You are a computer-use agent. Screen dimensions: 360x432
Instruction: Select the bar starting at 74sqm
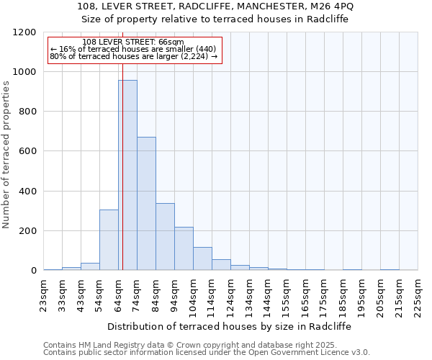[146, 204]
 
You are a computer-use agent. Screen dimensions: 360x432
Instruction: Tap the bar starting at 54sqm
[109, 240]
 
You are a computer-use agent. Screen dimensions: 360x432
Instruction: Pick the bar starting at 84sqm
[165, 237]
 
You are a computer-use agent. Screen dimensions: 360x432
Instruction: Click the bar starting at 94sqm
[184, 248]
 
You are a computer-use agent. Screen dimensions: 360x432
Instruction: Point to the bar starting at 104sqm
[202, 258]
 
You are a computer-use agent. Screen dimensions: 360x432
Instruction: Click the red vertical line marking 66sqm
[122, 166]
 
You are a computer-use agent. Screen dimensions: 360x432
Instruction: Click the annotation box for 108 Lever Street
[135, 50]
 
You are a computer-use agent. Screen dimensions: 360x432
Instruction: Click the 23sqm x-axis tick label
[44, 293]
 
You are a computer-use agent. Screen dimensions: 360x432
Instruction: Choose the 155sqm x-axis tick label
[287, 294]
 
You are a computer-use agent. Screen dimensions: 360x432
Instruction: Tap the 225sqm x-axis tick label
[418, 294]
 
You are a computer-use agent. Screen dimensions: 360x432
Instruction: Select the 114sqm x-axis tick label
[212, 294]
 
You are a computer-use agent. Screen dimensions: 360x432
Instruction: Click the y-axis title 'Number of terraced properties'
[7, 154]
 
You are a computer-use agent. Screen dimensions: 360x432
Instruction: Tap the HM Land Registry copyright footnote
[205, 345]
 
